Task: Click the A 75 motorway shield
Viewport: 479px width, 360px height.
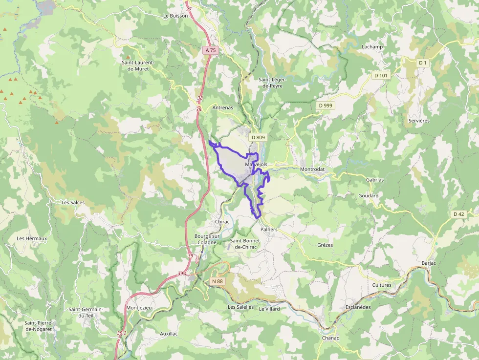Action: point(210,50)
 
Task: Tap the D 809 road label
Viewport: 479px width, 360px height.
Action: point(258,138)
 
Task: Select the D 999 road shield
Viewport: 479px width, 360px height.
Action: point(325,105)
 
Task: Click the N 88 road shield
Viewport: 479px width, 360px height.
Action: point(218,281)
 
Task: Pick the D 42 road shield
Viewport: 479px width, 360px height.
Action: point(458,214)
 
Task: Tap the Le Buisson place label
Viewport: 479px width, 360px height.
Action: point(175,16)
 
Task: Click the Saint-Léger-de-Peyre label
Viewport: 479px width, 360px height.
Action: point(270,82)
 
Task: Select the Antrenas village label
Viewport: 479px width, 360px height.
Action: point(223,107)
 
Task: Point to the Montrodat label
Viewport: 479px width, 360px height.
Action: point(312,169)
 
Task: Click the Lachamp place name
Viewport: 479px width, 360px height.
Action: point(372,47)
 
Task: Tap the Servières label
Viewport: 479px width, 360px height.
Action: point(419,120)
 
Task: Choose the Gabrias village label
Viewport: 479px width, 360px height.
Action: point(375,180)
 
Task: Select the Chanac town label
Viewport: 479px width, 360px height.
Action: point(330,338)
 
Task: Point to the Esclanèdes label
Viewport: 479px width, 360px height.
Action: point(357,307)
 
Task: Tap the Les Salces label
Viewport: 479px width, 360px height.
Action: point(73,202)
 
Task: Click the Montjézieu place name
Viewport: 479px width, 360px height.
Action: point(139,308)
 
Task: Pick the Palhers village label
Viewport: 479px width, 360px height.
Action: point(269,229)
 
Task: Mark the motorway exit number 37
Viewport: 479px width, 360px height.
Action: point(189,9)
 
